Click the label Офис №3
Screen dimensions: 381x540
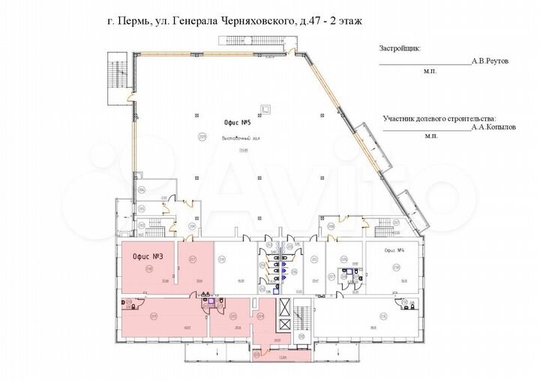(x=148, y=256)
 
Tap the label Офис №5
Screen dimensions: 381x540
(x=237, y=122)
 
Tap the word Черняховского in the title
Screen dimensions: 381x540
(x=253, y=22)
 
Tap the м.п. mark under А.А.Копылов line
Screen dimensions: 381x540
(x=430, y=136)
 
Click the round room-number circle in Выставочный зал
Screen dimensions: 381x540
(x=202, y=136)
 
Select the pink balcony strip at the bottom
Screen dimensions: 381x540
(x=280, y=356)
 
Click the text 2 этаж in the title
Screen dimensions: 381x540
(x=346, y=22)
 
